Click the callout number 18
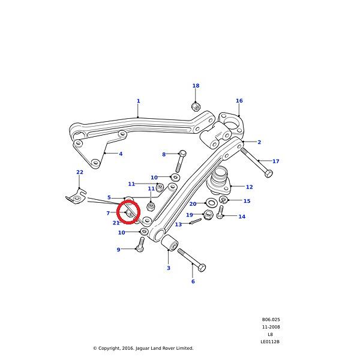pos(196,86)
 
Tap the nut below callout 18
pos(196,106)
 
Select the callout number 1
pos(138,101)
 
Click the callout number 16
pos(239,101)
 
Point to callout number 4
pos(121,154)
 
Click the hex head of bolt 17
pos(268,173)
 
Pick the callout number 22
pos(80,172)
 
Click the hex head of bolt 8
pos(182,154)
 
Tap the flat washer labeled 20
pos(211,203)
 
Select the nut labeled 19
pos(208,215)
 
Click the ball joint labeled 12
pos(218,181)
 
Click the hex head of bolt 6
pos(202,268)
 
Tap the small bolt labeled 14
pos(220,212)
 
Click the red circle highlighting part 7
pos(128,212)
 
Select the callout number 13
pos(178,224)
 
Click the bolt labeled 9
pos(140,244)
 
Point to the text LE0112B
pos(270,341)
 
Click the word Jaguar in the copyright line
pos(143,348)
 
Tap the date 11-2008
pos(271,327)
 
